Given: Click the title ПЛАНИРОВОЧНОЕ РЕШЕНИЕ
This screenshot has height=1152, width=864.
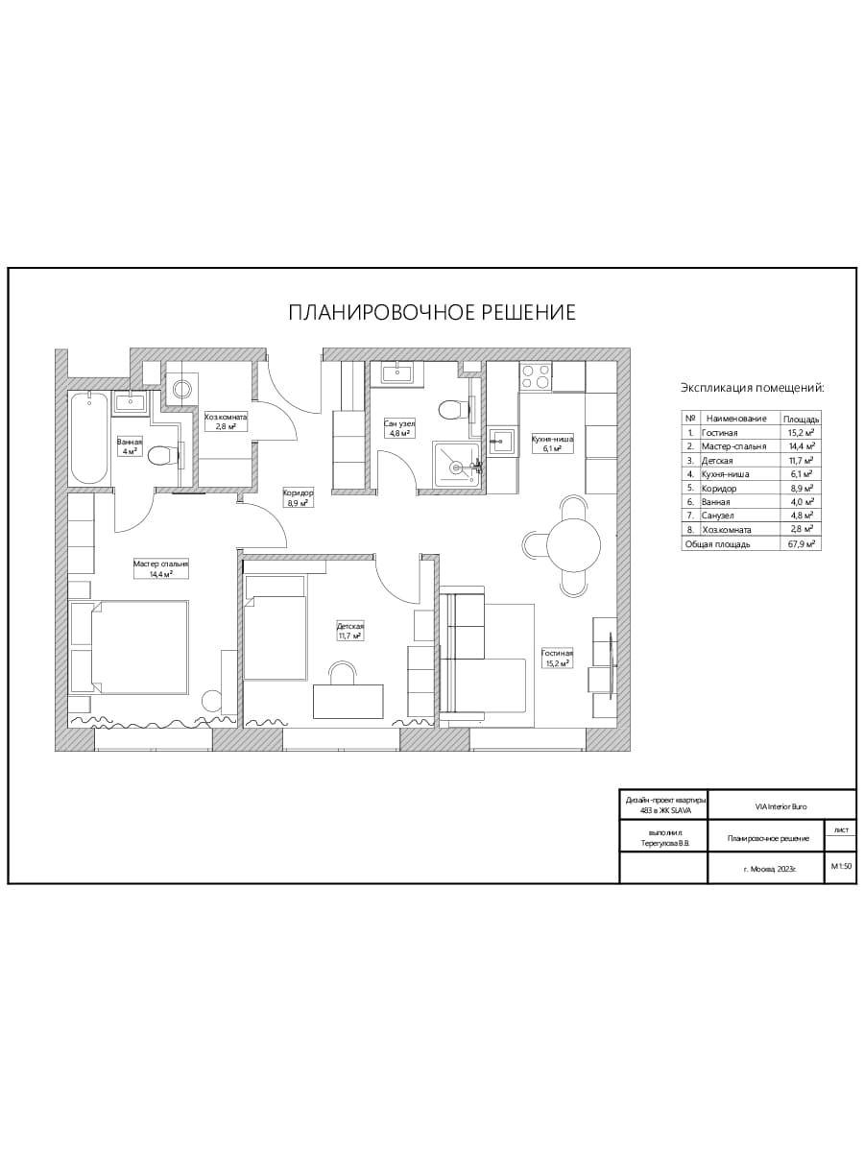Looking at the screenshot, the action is [x=432, y=312].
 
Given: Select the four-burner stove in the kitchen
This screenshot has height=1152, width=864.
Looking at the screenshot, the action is [x=535, y=376].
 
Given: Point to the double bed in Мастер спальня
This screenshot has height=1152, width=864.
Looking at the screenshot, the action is [x=139, y=647].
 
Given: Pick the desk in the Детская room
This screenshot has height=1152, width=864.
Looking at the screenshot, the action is [x=348, y=701].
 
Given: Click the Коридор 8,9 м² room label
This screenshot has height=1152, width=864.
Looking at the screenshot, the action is [x=298, y=497].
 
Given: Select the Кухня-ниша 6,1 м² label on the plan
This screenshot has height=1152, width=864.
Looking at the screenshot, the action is [x=552, y=444].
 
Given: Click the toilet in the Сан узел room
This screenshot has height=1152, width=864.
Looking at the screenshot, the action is [x=452, y=410].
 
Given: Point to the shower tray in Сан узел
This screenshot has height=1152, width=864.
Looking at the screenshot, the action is [x=456, y=465].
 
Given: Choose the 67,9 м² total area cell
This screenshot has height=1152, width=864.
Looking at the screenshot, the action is [x=802, y=544].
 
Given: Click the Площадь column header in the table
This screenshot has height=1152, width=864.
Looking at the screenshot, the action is [x=801, y=420].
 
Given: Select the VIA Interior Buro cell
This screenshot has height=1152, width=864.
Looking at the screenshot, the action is [x=781, y=806].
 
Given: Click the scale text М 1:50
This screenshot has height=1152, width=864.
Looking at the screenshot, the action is [x=841, y=866].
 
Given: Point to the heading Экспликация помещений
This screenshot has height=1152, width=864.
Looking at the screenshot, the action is [x=753, y=389].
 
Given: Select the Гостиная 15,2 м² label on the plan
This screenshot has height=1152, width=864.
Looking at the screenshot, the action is [x=557, y=659].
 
